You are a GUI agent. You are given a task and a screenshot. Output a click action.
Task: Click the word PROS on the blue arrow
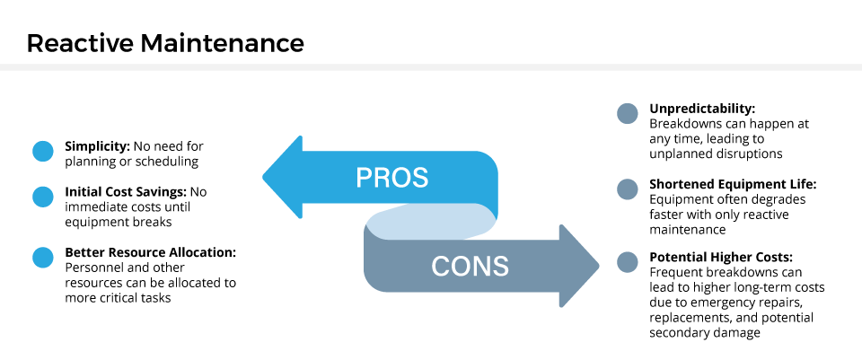tap(391, 178)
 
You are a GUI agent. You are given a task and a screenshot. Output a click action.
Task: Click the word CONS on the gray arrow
tap(470, 267)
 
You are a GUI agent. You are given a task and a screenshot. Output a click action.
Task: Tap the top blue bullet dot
tap(43, 152)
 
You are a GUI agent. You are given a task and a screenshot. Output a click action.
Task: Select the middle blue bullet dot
tap(43, 197)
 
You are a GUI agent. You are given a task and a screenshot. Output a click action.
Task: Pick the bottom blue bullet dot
tap(43, 258)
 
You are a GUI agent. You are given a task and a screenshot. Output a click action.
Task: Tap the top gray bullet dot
tap(628, 114)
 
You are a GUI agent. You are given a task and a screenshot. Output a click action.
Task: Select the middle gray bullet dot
tap(628, 189)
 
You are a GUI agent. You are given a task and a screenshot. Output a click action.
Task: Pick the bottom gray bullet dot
tap(628, 262)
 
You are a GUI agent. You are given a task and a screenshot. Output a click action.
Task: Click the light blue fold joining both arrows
tap(431, 222)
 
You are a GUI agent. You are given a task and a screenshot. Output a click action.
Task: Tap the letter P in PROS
tap(365, 178)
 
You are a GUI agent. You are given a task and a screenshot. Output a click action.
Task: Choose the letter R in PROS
tap(382, 178)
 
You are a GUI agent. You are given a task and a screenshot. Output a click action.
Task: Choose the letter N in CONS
tap(481, 267)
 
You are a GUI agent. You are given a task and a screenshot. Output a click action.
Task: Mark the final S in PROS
tap(419, 178)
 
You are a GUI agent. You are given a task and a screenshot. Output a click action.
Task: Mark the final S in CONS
tap(500, 267)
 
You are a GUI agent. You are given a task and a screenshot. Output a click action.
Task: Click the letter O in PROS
tap(400, 178)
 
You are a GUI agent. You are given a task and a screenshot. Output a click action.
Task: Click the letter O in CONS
tap(461, 267)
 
